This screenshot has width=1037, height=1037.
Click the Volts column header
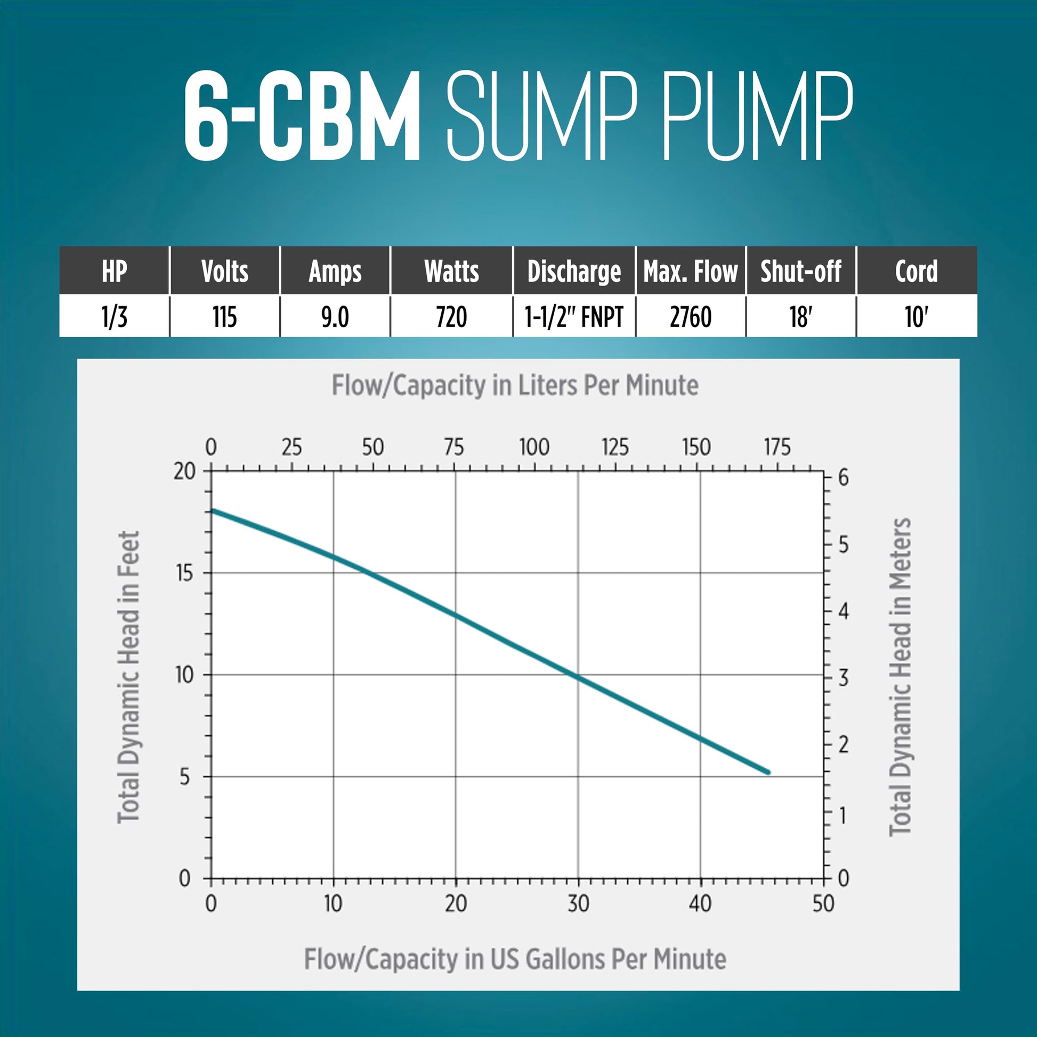(x=225, y=271)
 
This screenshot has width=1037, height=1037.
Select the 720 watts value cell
(x=451, y=316)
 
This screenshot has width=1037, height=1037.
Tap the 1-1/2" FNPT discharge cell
(x=574, y=316)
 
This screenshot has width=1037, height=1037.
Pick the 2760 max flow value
(x=691, y=316)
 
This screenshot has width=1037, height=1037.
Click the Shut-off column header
(x=801, y=271)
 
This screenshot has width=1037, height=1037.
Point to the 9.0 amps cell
(x=335, y=316)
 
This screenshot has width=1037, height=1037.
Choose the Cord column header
(x=917, y=271)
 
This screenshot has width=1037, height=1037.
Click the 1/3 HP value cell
(x=115, y=316)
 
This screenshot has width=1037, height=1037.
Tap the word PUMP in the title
(x=757, y=117)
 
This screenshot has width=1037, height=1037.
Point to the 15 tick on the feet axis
(x=184, y=573)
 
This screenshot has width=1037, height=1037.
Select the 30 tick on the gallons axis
(x=578, y=904)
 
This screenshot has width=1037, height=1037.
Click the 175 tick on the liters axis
(x=776, y=447)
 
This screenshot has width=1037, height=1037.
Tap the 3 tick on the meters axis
(x=843, y=678)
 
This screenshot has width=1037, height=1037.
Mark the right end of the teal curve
(x=768, y=772)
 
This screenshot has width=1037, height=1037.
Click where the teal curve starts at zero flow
(x=212, y=511)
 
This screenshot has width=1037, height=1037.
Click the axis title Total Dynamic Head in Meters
(x=900, y=677)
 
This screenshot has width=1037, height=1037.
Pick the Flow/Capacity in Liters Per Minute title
(x=515, y=385)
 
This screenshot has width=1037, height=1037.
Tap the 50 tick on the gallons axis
(x=823, y=904)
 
